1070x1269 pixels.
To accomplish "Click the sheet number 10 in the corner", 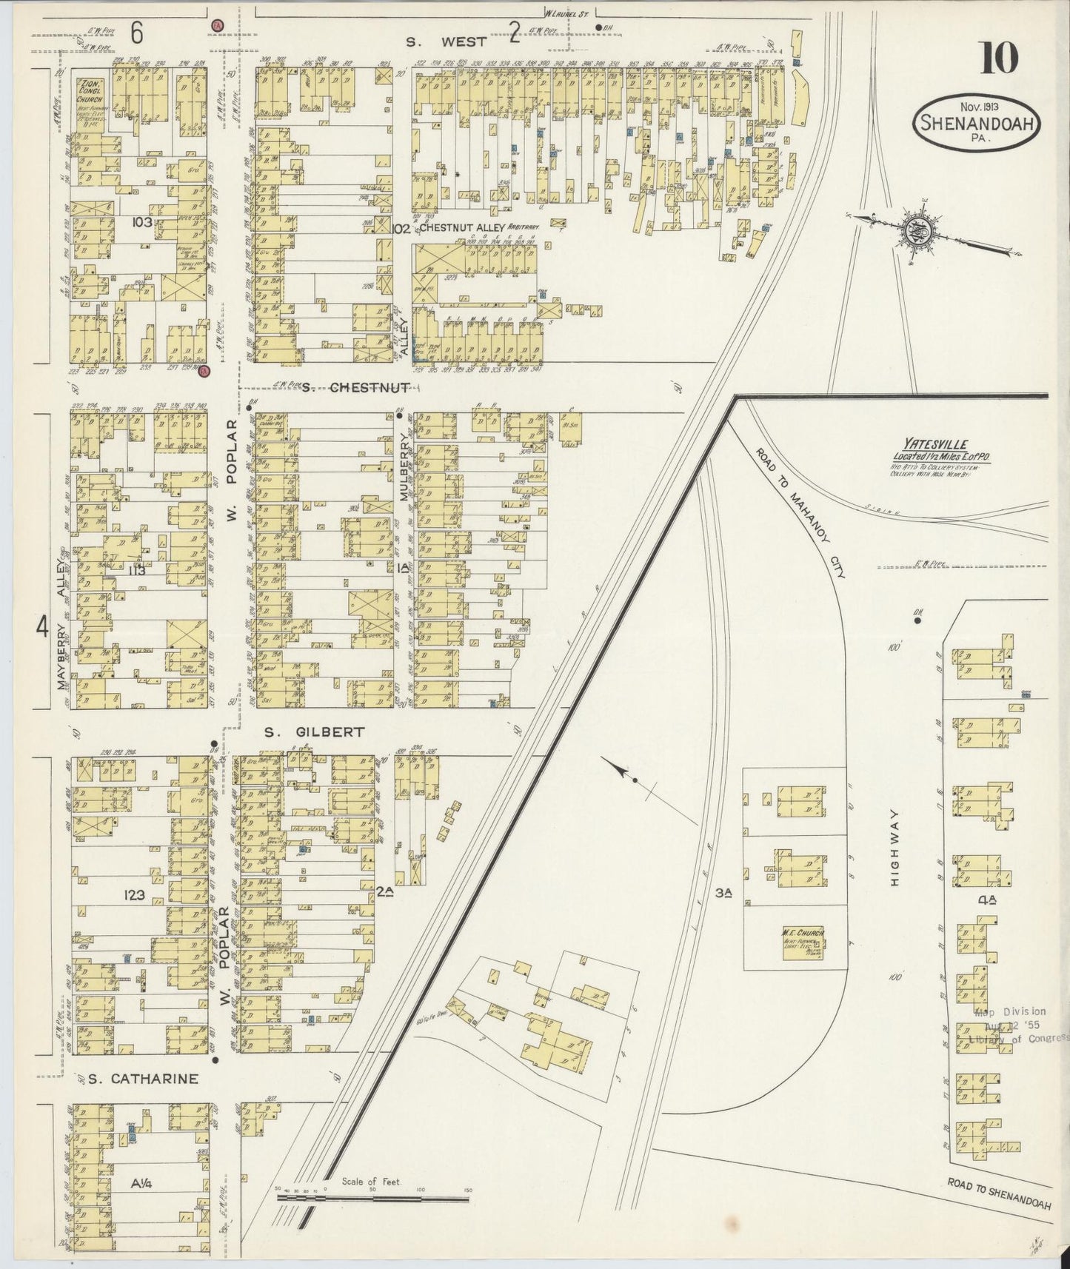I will [x=999, y=58].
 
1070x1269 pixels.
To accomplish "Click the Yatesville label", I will [x=941, y=445].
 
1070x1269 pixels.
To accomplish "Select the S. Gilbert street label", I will [x=315, y=731].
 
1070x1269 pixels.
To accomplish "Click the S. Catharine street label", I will [x=142, y=1079].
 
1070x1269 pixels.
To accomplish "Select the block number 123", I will [x=136, y=897].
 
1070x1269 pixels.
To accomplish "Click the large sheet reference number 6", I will [x=137, y=33].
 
